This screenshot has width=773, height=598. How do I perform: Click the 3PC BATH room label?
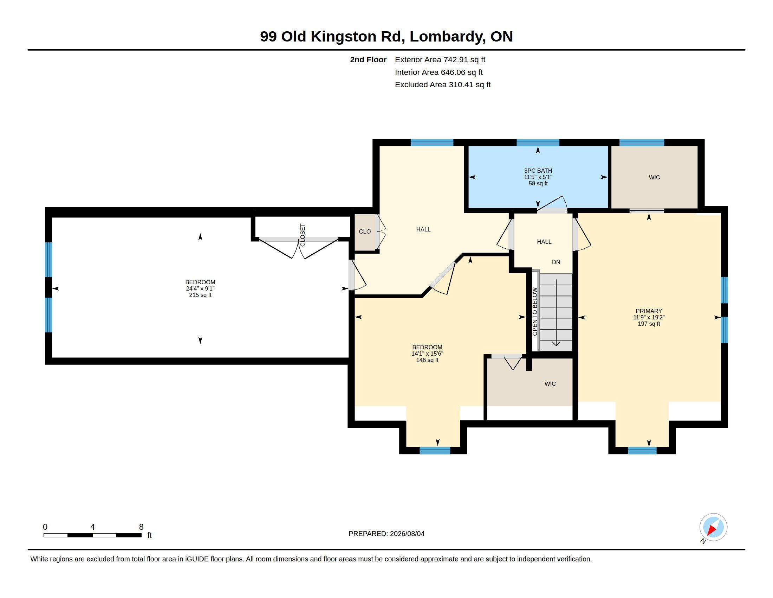click(538, 171)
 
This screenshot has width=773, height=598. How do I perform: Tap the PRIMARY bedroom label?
click(649, 311)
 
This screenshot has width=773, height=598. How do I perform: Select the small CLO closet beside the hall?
click(365, 232)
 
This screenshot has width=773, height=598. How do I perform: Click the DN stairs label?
click(556, 262)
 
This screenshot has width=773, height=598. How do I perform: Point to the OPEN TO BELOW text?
click(535, 312)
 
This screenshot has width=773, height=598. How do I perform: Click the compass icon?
click(713, 527)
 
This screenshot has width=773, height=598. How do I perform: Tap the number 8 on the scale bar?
click(141, 527)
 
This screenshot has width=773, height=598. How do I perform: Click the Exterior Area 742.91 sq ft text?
click(440, 59)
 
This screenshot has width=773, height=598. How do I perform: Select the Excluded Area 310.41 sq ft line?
click(443, 85)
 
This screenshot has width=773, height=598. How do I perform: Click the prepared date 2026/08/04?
click(407, 534)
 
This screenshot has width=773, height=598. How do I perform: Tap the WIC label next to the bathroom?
click(655, 178)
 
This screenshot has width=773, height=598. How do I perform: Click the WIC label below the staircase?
click(550, 384)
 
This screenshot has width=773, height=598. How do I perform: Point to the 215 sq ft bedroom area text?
click(200, 295)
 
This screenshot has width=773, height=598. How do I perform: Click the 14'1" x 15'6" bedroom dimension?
click(427, 354)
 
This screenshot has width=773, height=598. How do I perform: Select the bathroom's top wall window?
click(538, 143)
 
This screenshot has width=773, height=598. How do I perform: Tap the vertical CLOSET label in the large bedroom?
click(303, 235)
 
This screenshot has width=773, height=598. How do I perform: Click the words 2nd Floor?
click(368, 59)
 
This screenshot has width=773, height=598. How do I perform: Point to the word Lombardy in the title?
click(448, 37)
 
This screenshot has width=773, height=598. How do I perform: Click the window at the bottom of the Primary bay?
click(642, 451)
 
